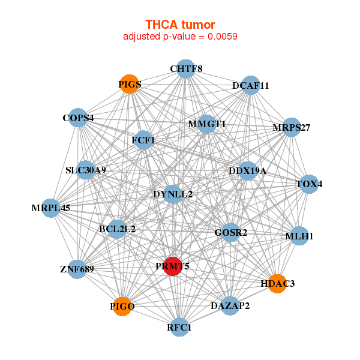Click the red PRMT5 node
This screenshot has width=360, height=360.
tap(173, 266)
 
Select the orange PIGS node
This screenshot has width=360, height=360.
tap(130, 85)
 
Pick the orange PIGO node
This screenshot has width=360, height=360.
tap(122, 306)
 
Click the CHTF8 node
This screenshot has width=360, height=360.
tap(186, 69)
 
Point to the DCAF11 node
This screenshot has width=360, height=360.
tap(251, 86)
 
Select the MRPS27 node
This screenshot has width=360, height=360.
tap(292, 127)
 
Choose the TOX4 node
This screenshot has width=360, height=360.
tap(309, 184)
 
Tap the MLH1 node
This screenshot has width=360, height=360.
tap(299, 236)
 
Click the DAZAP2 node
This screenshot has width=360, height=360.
tap(230, 306)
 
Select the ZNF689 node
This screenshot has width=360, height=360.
tap(77, 268)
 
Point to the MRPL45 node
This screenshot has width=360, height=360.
tap(52, 208)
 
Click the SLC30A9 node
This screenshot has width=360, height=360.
tap(86, 170)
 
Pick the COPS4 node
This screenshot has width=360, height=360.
tap(79, 118)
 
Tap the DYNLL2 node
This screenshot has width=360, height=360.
tap(173, 194)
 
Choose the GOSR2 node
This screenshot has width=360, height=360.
tap(231, 232)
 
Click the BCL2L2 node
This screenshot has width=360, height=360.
tap(118, 229)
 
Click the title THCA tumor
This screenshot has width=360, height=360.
tap(180, 25)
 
